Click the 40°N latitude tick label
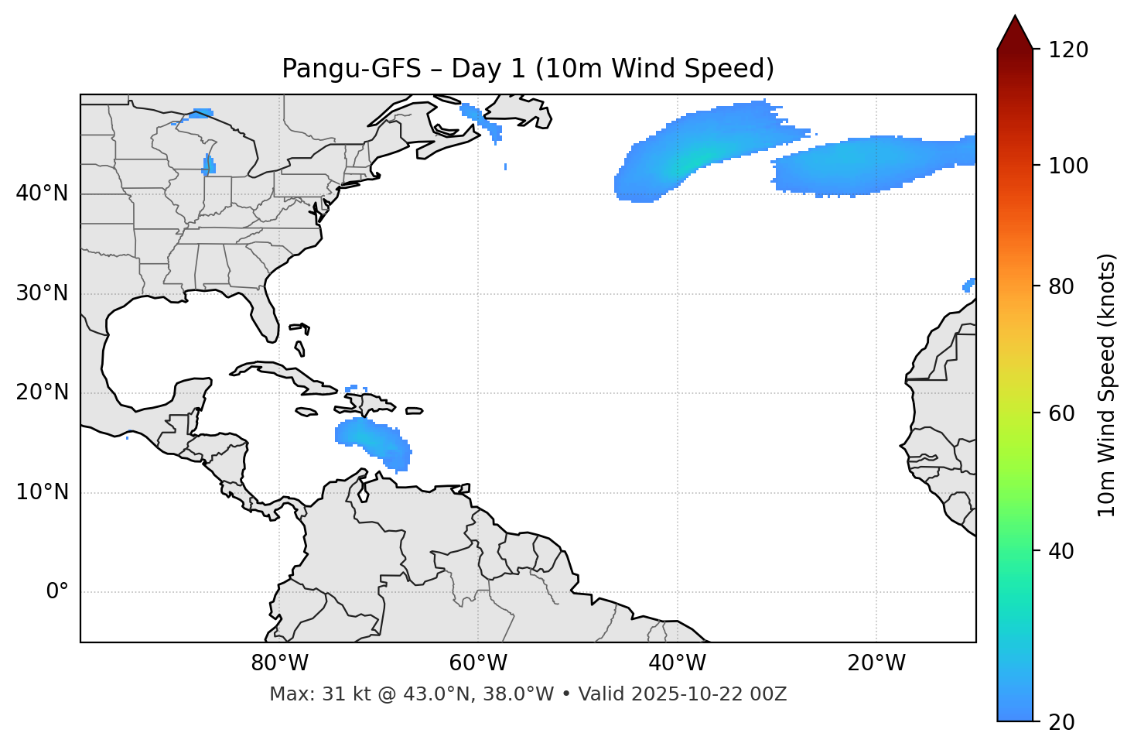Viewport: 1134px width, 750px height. tap(42, 193)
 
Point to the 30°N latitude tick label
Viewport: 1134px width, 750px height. tap(42, 293)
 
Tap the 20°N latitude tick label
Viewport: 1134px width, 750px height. tap(42, 392)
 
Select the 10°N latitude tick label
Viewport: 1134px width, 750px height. tap(42, 492)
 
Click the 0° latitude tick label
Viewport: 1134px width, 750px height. tap(57, 592)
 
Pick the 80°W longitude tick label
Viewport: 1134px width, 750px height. tap(279, 663)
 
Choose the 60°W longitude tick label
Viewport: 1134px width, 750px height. tap(478, 663)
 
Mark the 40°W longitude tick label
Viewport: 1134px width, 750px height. tap(677, 663)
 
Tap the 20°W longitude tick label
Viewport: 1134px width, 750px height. tap(876, 663)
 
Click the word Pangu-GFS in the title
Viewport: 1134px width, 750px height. tap(351, 69)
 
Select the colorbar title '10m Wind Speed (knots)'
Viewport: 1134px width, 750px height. tap(1107, 385)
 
